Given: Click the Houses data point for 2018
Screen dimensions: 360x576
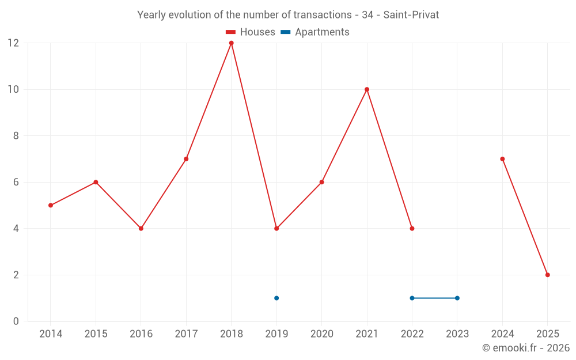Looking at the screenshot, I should [232, 43].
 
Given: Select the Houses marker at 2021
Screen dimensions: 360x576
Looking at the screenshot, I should [367, 89].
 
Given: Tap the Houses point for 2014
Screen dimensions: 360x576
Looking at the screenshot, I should [51, 205].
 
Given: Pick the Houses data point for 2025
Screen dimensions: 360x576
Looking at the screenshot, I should [548, 275].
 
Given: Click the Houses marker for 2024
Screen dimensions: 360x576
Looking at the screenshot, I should [503, 159].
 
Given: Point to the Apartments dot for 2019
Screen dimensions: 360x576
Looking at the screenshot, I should [276, 298].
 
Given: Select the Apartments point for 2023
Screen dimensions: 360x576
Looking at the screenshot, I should [457, 298].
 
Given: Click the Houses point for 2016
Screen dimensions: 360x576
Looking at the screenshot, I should [141, 228].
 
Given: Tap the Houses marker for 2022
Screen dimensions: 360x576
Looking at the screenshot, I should [412, 228].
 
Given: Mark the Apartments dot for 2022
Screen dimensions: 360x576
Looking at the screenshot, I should [412, 298].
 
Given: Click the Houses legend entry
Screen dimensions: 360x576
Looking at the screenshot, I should [251, 32].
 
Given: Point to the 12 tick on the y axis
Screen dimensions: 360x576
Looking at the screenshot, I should [13, 43].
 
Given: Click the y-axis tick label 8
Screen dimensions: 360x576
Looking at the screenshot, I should [16, 136].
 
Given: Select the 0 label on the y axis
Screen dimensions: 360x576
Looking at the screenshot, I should [16, 321].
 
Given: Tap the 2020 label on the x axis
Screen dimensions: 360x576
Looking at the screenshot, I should [321, 334].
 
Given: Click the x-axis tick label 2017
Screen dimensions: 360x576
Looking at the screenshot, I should [186, 334].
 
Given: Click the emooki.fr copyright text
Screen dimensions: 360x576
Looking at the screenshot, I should [525, 348].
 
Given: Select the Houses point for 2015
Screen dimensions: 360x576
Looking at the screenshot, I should [96, 182].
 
